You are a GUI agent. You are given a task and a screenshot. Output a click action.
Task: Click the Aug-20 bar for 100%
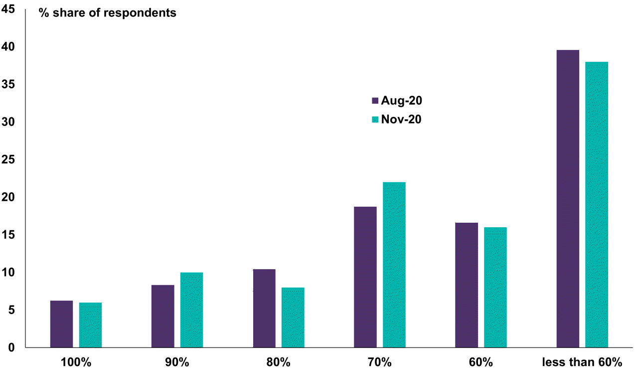tap(62, 324)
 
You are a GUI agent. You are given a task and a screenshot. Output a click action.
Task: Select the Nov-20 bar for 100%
tap(90, 325)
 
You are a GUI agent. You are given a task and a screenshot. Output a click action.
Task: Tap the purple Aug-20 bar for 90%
tap(163, 316)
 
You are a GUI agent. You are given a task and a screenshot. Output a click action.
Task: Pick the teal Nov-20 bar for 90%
tap(191, 310)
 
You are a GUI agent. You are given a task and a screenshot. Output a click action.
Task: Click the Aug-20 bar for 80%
tap(264, 308)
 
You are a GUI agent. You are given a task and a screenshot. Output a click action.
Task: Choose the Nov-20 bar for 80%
tap(293, 318)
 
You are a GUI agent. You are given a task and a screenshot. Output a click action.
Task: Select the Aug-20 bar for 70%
tap(365, 277)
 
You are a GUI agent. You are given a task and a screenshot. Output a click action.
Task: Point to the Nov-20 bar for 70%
tap(394, 265)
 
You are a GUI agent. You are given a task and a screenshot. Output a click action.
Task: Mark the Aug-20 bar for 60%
tap(467, 285)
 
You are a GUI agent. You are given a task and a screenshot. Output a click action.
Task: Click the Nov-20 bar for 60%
tap(495, 287)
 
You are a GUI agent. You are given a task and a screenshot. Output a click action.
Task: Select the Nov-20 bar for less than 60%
tap(596, 205)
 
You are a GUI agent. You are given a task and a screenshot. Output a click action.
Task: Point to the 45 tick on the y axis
tap(9, 9)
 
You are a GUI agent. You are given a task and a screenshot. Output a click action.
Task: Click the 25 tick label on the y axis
tap(9, 160)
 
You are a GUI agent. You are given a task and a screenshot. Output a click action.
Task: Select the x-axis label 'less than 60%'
tap(582, 362)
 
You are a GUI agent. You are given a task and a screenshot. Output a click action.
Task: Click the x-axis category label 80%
tap(279, 362)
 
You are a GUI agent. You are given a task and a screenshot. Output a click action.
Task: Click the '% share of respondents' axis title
tap(108, 13)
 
